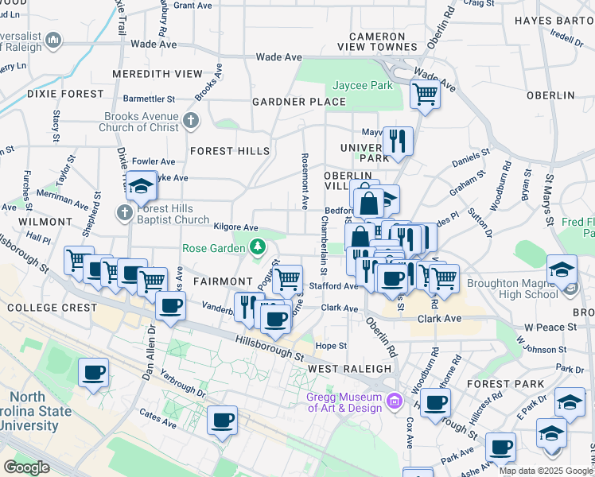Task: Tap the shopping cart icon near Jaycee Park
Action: click(425, 95)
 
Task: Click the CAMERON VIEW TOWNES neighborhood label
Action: click(377, 42)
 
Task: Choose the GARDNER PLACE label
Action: click(299, 102)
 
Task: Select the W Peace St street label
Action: click(550, 328)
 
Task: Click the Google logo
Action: click(26, 467)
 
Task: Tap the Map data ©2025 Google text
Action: click(545, 471)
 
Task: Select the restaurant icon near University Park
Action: click(398, 141)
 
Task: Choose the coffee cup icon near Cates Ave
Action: click(222, 419)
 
